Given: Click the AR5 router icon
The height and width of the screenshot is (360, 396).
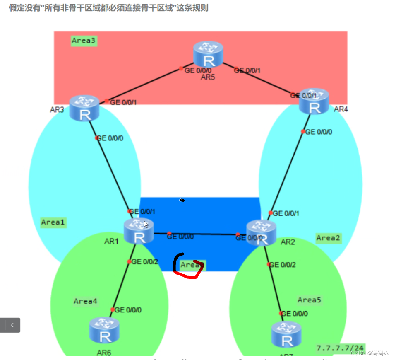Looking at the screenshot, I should coord(209,54).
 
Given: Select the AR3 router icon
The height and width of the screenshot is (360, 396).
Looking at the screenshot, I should coord(84,108).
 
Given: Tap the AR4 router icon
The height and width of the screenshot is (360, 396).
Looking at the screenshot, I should coord(314,101).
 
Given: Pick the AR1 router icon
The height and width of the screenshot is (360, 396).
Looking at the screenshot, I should coord(139,232).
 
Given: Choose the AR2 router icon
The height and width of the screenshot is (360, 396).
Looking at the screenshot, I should coord(261,233).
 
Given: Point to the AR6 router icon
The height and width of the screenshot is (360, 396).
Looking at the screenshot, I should coord(104,331).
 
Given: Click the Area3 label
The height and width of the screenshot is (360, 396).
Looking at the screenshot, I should coord(84,41).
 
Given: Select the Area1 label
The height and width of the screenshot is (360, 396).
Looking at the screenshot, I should coord(53,222).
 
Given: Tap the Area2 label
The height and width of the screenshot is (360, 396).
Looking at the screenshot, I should coord(328,238).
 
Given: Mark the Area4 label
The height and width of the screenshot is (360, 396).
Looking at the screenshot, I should coord(85,301).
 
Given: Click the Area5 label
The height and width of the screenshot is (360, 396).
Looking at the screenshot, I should coord(309,300).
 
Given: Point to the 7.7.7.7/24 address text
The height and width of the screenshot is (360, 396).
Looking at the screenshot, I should coord(340,348).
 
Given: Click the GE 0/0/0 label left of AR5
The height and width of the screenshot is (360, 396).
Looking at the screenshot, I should coord(195,70).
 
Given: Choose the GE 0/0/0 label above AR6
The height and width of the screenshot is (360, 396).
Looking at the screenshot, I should coord(128,309).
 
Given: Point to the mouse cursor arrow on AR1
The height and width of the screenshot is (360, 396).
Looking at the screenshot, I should coord(146,224).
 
